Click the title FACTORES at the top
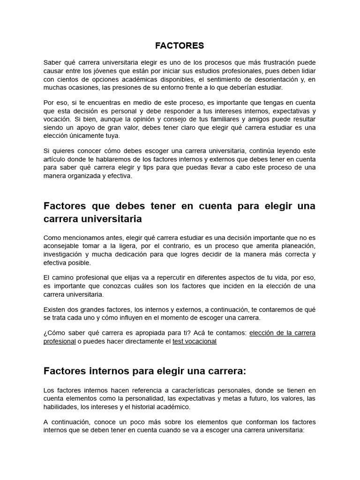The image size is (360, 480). [x=180, y=45]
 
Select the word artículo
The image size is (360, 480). [x=55, y=159]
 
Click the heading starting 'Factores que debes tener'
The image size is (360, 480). [x=180, y=212]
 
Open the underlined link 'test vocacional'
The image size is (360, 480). [x=195, y=341]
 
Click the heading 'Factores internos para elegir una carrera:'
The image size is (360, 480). [x=145, y=371]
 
